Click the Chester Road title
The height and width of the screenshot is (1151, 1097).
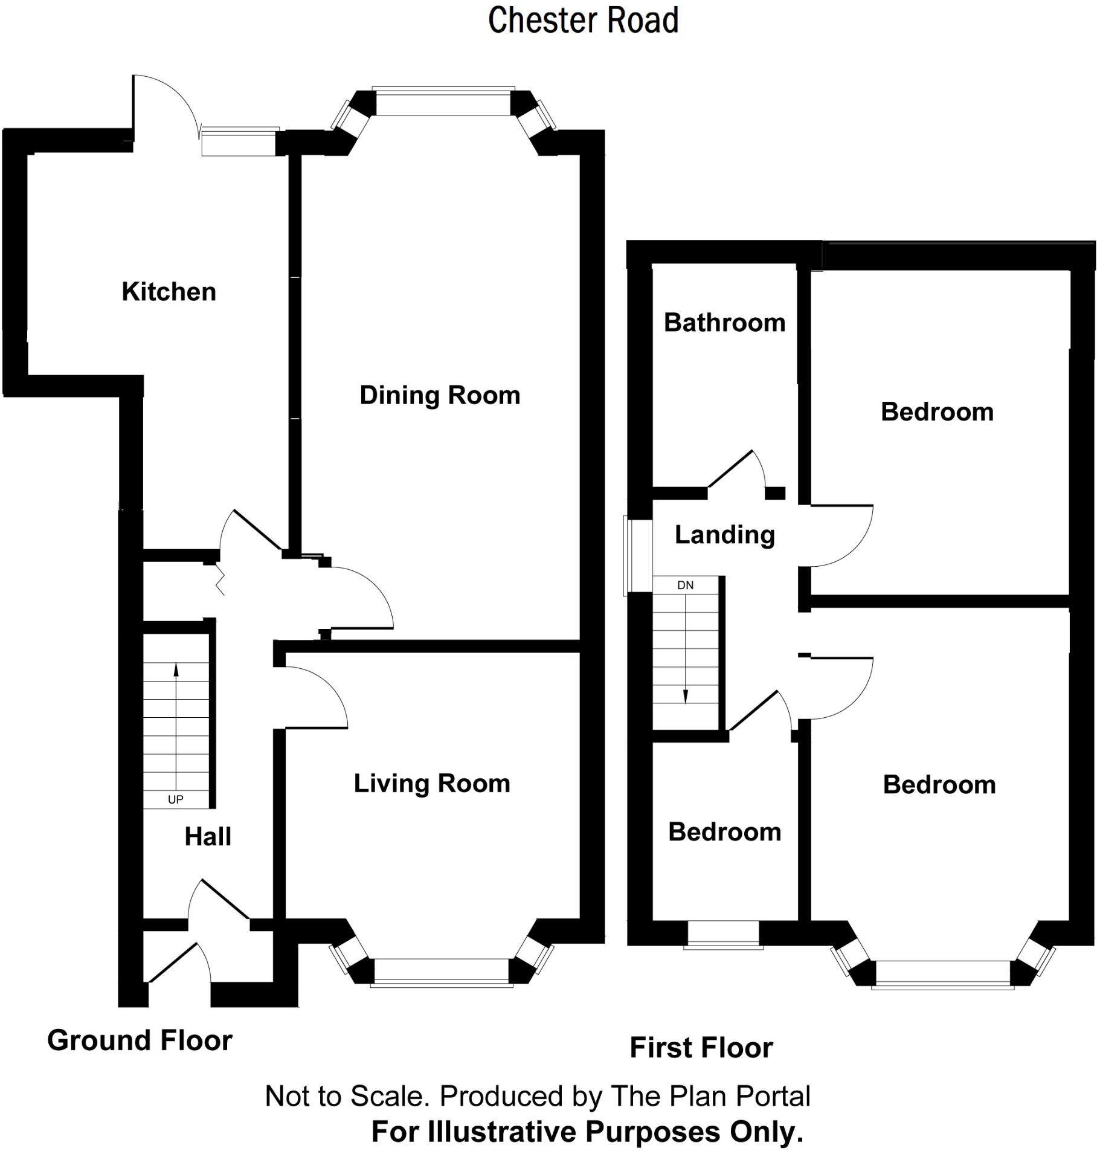tap(583, 20)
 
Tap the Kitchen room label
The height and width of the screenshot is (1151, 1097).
tap(169, 292)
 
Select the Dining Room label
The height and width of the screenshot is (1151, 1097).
tap(440, 396)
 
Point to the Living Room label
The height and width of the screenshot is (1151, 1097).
tap(432, 784)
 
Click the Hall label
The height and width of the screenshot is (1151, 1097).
tap(208, 837)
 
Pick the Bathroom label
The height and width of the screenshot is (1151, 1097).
tap(724, 323)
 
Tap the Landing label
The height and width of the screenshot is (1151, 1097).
tap(724, 535)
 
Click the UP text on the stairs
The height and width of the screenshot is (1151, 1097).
tap(175, 799)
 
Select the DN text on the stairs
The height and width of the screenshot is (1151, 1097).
tap(685, 585)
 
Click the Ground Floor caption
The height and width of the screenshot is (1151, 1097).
tap(140, 1040)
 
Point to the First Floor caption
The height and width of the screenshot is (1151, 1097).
tap(701, 1047)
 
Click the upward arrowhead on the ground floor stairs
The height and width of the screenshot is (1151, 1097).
tap(176, 669)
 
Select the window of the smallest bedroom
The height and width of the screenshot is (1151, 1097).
tap(723, 935)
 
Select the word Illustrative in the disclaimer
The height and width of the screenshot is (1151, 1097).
tap(500, 1131)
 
